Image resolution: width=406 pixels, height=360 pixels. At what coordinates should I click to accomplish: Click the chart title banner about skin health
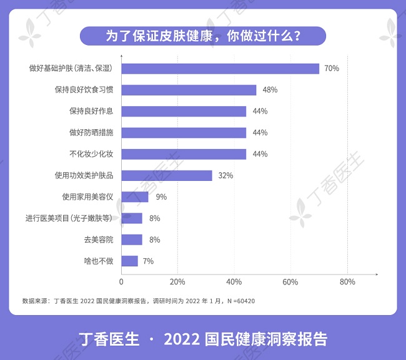[203, 36]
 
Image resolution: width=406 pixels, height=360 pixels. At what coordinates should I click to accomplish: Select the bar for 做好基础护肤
[220, 69]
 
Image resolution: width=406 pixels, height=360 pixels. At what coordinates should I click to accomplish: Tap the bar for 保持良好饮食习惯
[189, 90]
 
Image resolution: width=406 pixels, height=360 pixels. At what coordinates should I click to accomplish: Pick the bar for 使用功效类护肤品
[167, 175]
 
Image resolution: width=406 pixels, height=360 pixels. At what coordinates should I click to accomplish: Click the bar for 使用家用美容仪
[135, 197]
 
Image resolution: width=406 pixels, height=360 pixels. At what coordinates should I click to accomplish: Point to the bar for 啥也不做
[129, 261]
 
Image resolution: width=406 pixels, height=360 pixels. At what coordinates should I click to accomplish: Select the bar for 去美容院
[132, 240]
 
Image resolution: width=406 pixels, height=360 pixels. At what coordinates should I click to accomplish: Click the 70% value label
[332, 69]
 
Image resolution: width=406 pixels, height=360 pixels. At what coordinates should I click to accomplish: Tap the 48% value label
[270, 90]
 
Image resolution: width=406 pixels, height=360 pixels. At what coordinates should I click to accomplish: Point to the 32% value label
[225, 176]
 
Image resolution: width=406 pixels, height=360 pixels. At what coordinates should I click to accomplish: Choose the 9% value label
[161, 197]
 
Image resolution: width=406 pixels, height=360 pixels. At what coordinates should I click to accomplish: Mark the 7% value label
[148, 261]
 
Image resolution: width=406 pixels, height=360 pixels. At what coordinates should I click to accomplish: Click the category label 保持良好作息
[91, 111]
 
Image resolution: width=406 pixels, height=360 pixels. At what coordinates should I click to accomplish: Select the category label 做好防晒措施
[91, 132]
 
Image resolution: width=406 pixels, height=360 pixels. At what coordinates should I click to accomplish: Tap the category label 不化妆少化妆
[91, 154]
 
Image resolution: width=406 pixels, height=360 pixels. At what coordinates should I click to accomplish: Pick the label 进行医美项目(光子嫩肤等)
[69, 218]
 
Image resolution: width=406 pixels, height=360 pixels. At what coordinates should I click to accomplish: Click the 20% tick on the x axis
[177, 282]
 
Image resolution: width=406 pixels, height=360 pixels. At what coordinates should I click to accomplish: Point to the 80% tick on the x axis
[347, 282]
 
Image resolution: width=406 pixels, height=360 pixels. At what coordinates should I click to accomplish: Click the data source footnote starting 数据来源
[138, 301]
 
